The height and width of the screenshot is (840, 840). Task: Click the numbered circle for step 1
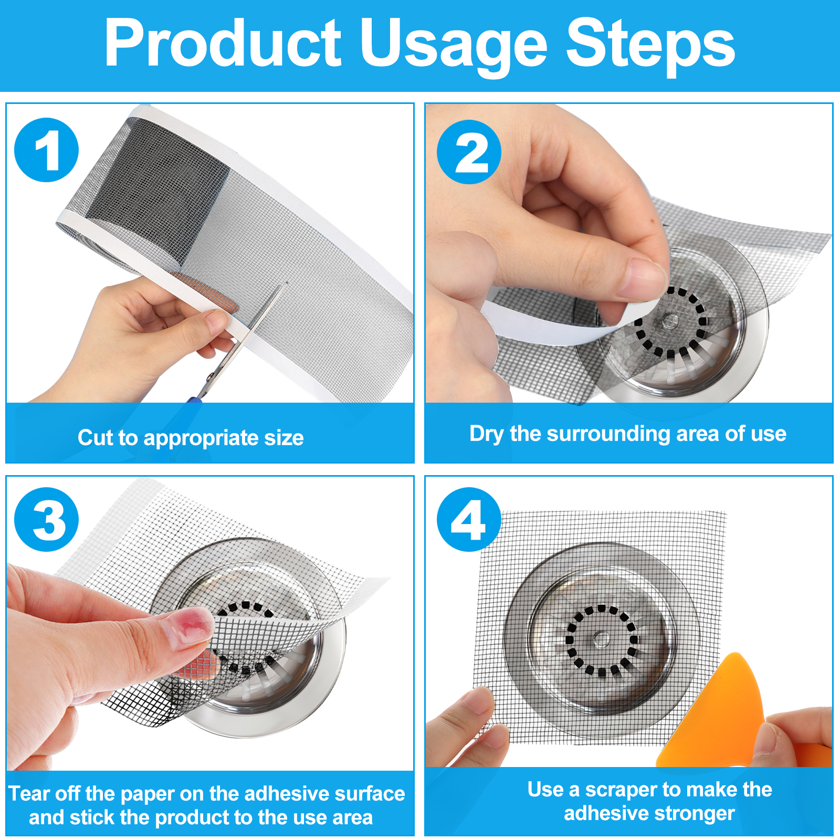tap(47, 150)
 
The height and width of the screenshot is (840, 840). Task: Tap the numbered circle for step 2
tap(469, 152)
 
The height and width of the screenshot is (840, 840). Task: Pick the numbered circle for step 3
tap(47, 520)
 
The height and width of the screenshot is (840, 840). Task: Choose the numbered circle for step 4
tap(469, 520)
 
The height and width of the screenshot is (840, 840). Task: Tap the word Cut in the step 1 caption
tap(96, 437)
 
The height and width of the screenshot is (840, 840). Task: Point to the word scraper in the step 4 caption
tap(620, 790)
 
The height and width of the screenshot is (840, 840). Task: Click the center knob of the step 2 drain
tap(670, 320)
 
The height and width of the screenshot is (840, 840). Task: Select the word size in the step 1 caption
tap(284, 437)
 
